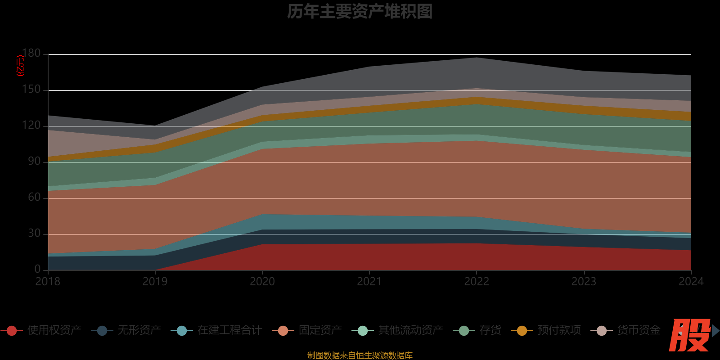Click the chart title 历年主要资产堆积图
(360, 12)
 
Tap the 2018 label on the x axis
(48, 282)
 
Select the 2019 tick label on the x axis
(155, 282)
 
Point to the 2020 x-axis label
(262, 282)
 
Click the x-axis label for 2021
(369, 282)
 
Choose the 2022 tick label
(477, 282)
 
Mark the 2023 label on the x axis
(584, 282)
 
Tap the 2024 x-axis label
(691, 282)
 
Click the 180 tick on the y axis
(31, 54)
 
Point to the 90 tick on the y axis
(34, 162)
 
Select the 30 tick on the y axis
(34, 234)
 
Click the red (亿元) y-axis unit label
(20, 66)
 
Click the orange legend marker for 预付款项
(522, 331)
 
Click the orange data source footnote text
(360, 355)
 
